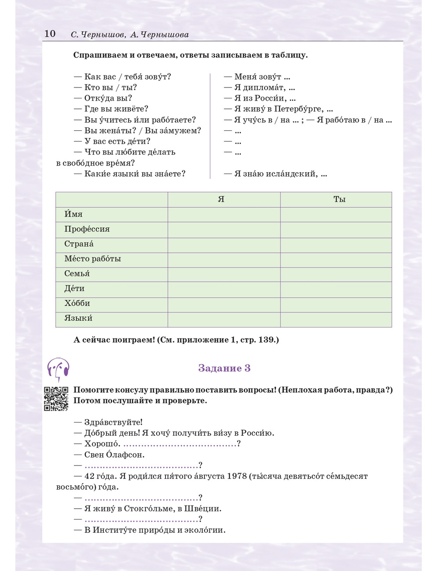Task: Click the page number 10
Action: pos(50,34)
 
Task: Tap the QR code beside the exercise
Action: pos(56,398)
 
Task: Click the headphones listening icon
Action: pos(58,369)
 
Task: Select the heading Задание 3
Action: pos(224,368)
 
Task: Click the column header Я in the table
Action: pos(221,199)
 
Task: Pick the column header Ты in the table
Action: pos(339,199)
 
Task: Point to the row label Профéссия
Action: pos(87,229)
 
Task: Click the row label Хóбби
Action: pos(77,304)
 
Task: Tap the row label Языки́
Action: pos(79,318)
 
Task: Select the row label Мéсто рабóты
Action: pos(93,259)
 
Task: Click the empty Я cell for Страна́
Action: pos(224,244)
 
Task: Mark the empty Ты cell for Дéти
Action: pos(336,289)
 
